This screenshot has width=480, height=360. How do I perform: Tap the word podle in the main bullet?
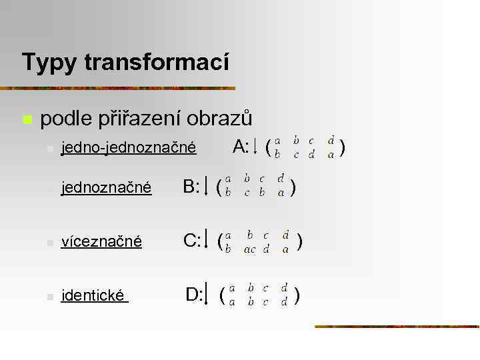[x=67, y=119]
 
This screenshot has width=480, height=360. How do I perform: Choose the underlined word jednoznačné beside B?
[x=106, y=189]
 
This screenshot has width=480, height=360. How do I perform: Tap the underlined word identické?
[x=94, y=295]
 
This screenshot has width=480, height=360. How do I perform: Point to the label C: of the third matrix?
[x=192, y=240]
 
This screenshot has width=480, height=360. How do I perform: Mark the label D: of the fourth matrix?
[x=194, y=293]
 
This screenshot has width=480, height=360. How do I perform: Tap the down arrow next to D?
[x=207, y=294]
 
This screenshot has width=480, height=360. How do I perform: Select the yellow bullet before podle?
[x=27, y=120]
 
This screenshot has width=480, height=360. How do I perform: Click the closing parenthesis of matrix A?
[x=342, y=147]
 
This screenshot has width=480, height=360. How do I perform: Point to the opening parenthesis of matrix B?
[x=219, y=189]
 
